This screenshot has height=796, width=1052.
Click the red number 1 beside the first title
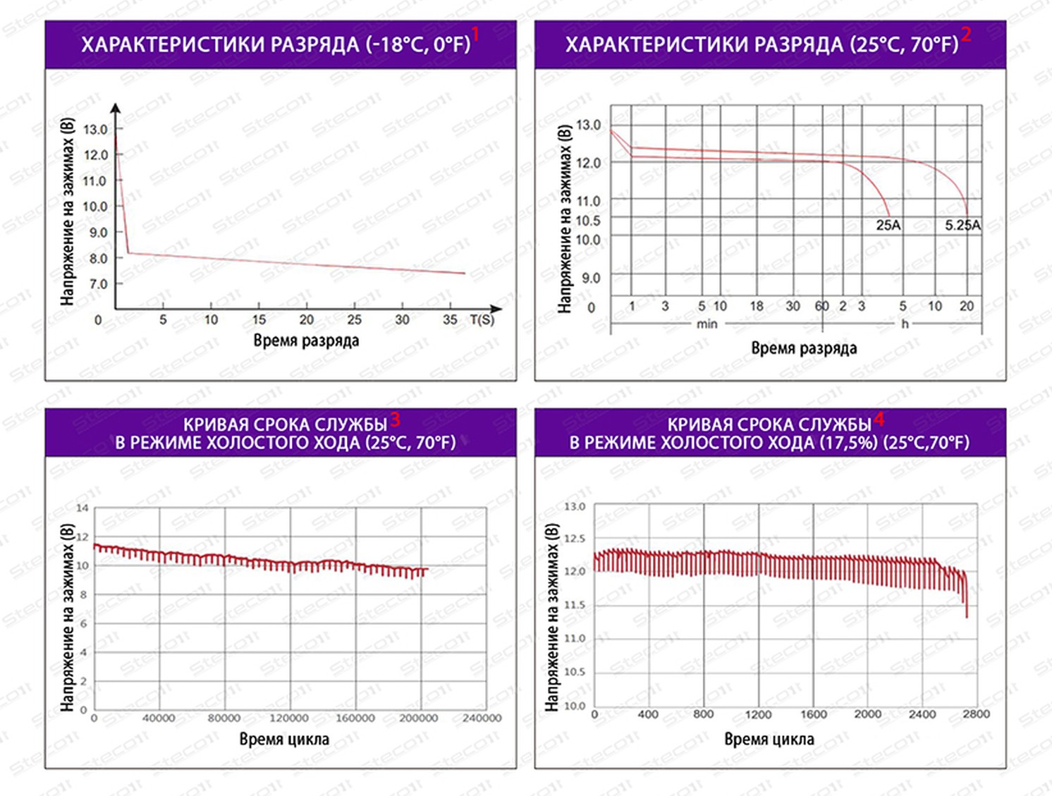[x=475, y=34]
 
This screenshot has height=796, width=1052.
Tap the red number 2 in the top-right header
[x=966, y=34]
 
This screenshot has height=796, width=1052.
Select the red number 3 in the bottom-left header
[x=395, y=420]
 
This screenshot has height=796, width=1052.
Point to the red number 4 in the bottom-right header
[x=879, y=420]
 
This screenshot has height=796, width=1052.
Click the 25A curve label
[x=888, y=226]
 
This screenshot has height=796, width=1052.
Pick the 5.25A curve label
[x=962, y=226]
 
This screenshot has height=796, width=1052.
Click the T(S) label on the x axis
[x=482, y=320]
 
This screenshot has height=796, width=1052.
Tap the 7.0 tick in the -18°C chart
[x=98, y=284]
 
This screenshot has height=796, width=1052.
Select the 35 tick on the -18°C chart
[x=450, y=320]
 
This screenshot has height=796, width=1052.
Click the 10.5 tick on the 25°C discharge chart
[x=588, y=221]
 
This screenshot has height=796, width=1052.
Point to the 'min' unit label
[x=707, y=324]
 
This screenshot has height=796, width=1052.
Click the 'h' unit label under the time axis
[x=905, y=324]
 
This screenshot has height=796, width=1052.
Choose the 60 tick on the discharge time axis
[x=822, y=306]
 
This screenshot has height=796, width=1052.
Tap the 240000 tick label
[x=482, y=718]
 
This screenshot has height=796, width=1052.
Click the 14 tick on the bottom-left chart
[x=82, y=508]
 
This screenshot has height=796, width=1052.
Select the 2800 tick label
[x=976, y=714]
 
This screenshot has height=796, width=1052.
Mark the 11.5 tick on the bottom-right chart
[x=575, y=605]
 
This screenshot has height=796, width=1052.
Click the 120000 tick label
[x=289, y=718]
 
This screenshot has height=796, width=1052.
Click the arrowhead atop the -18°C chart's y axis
[x=116, y=108]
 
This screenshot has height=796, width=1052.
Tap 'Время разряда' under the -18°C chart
[x=306, y=341]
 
